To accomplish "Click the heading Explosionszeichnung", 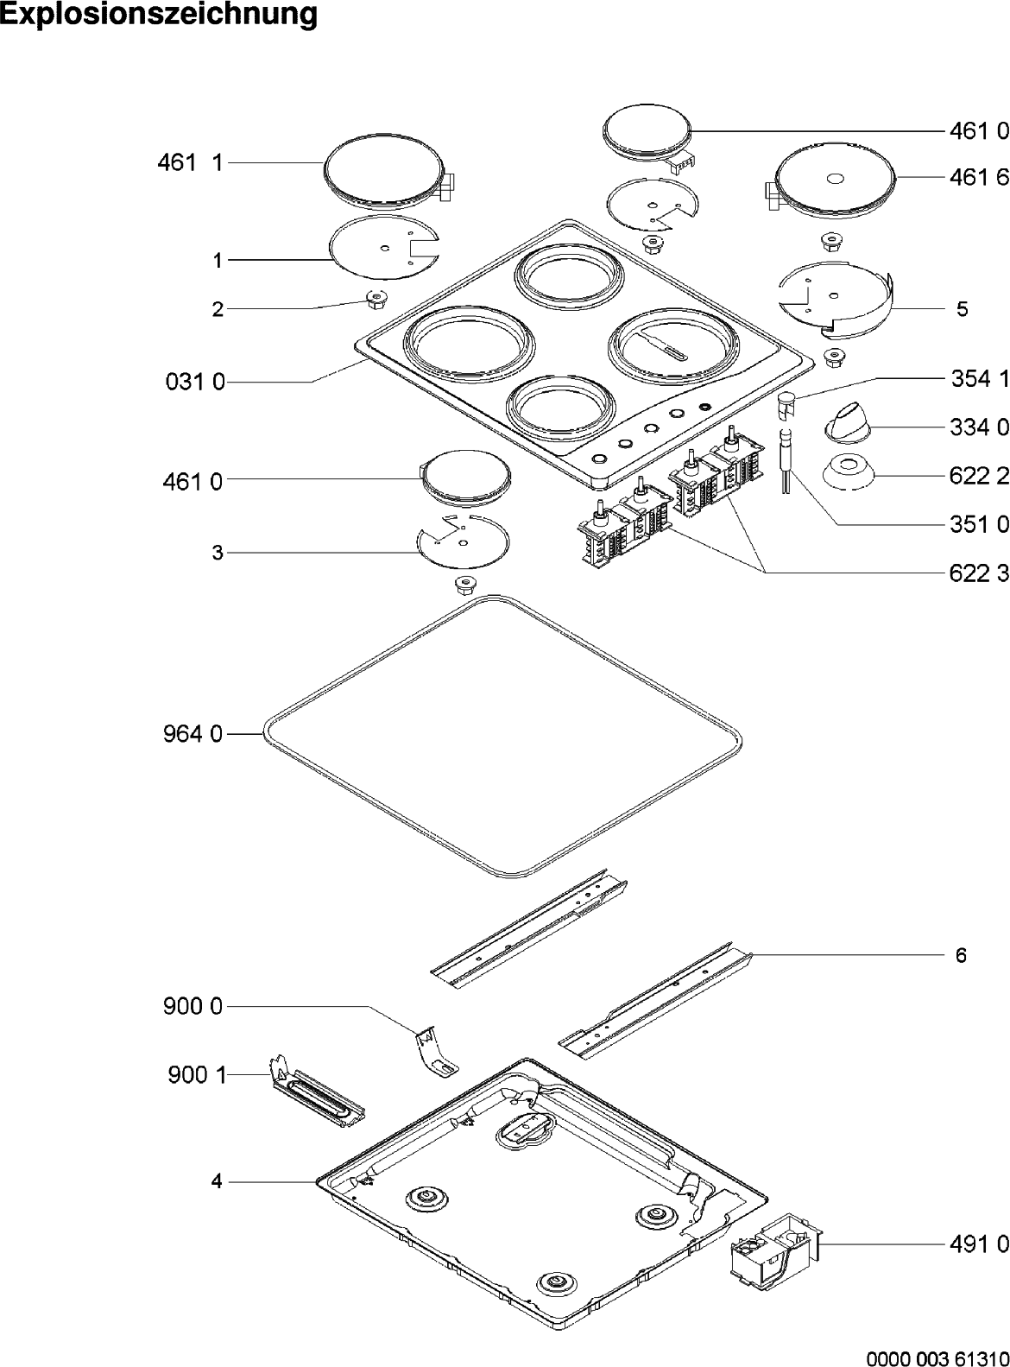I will [x=159, y=15].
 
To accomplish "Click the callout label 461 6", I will [x=978, y=177].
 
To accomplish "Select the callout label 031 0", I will [x=194, y=383].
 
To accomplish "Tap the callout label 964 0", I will [x=192, y=734].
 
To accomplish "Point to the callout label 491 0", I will [x=978, y=1244].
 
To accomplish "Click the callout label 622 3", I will [x=978, y=573].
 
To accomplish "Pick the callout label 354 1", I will [x=978, y=378].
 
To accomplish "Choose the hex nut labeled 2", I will [x=375, y=300].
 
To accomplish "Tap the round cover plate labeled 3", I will [x=463, y=542].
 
